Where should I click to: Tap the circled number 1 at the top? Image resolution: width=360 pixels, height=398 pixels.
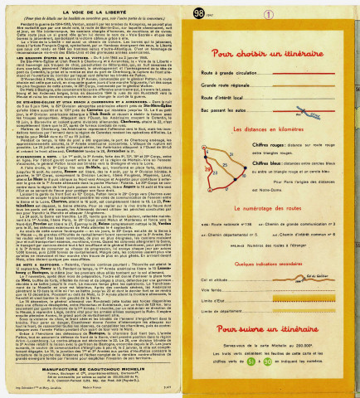[x=245, y=12]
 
